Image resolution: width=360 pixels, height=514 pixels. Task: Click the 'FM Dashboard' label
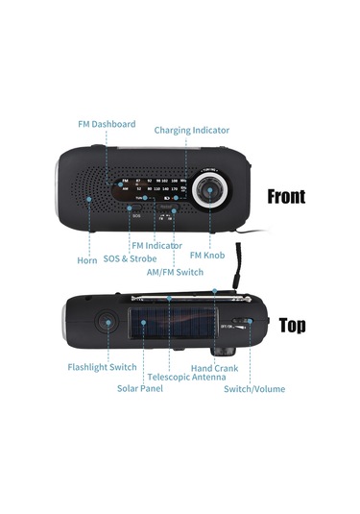pos(107,124)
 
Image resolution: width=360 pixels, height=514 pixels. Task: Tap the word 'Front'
pos(286,196)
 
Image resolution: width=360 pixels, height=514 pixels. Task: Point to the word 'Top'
pos(292,326)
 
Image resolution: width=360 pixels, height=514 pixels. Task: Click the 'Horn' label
pos(86,260)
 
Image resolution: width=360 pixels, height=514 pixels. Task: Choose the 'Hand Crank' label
pos(215,367)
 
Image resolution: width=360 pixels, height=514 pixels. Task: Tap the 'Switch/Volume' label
pos(254,388)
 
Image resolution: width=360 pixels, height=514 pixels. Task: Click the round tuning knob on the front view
pos(212,191)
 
